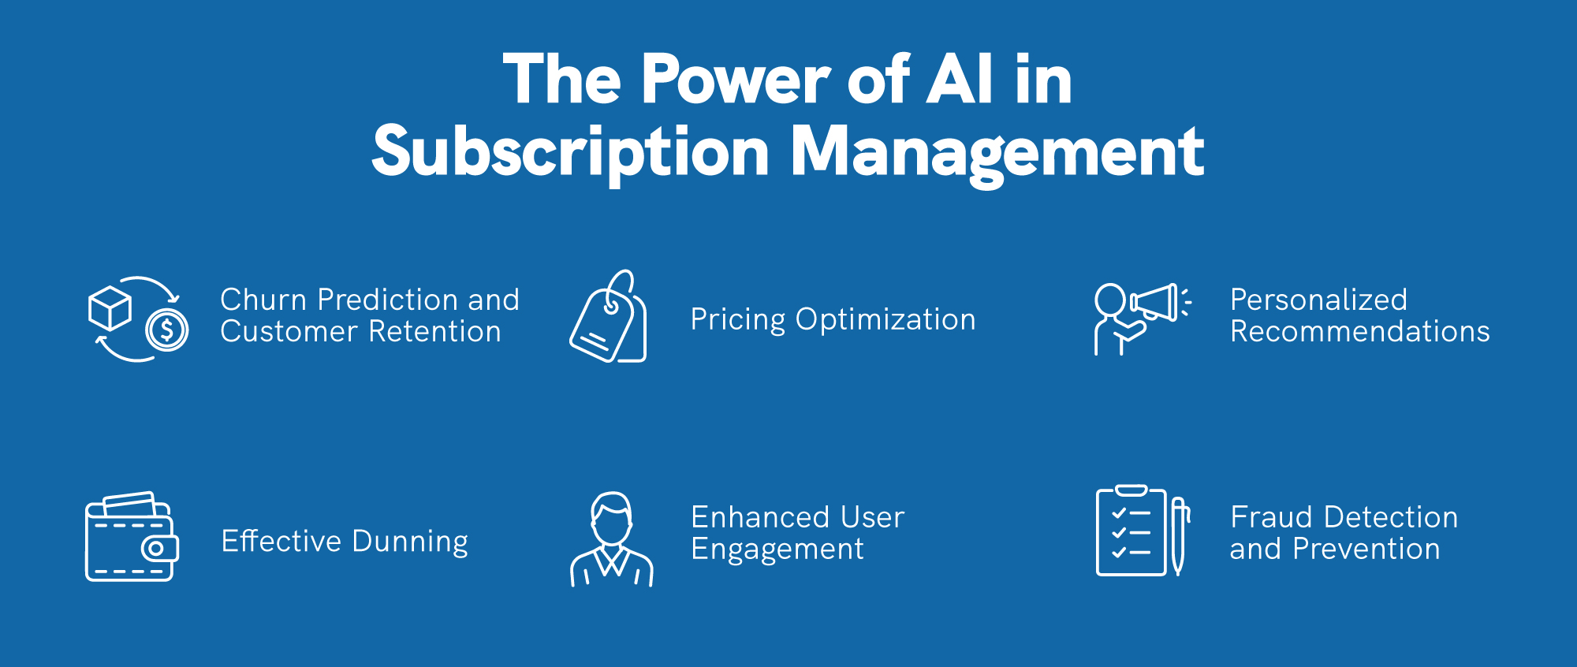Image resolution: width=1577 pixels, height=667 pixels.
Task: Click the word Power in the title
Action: coord(736,80)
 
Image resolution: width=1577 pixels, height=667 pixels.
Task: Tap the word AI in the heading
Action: coord(959,80)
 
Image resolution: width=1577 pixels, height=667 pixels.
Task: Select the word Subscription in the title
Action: coord(569,152)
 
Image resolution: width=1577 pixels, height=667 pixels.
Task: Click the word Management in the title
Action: coord(997,152)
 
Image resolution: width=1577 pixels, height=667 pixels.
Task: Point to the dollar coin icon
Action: coord(167,330)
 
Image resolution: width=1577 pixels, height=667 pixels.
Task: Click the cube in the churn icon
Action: coord(110,308)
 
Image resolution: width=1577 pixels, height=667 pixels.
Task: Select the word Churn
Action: coord(263,300)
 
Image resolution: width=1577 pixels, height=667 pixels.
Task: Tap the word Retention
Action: coord(434,332)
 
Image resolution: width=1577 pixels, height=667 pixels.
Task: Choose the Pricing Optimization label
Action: coord(833,319)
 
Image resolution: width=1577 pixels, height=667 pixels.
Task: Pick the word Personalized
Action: coord(1318,300)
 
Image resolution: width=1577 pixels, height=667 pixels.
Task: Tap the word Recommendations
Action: coord(1360,332)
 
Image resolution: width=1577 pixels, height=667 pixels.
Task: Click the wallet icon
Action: coord(132,538)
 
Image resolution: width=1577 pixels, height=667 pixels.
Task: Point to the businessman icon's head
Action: coord(612,518)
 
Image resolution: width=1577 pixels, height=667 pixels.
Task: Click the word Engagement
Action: coord(777,550)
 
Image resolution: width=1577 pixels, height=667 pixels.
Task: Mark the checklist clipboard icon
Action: coord(1131,531)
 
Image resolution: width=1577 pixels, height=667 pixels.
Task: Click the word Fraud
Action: coord(1271,517)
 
